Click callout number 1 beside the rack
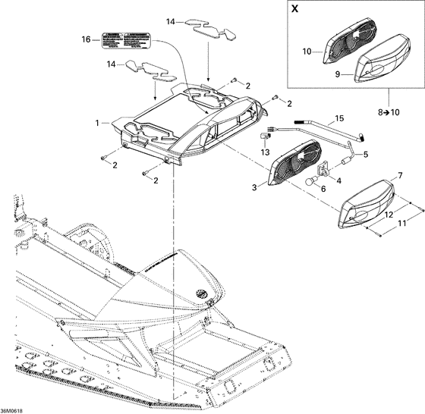[x=96, y=122]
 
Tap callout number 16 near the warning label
[x=86, y=39]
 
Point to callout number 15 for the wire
[x=338, y=119]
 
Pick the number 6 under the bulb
[x=323, y=190]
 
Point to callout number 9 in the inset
[x=339, y=74]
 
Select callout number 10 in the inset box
[x=308, y=52]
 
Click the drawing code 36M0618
[x=17, y=408]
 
